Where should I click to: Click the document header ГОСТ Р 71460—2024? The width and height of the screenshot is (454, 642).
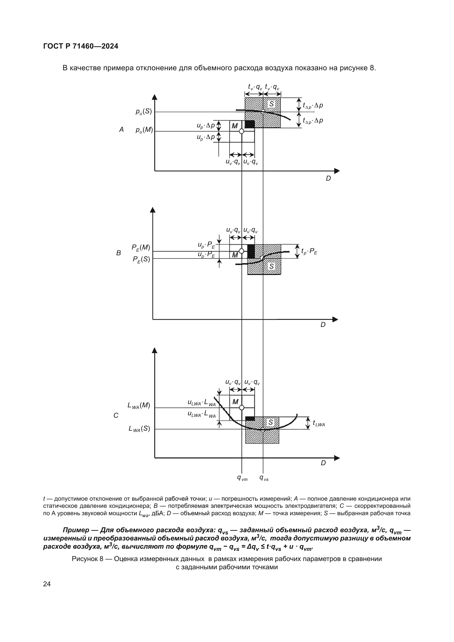pyautogui.click(x=81, y=46)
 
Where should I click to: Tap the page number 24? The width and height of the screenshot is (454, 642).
pyautogui.click(x=47, y=584)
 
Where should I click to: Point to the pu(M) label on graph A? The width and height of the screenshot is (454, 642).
pyautogui.click(x=144, y=130)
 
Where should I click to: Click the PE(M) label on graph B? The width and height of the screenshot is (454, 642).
pyautogui.click(x=141, y=248)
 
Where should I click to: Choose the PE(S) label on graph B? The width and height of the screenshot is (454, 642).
pyautogui.click(x=141, y=259)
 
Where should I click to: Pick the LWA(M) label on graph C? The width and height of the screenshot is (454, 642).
pyautogui.click(x=139, y=405)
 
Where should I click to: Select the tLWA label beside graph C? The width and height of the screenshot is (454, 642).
pyautogui.click(x=319, y=423)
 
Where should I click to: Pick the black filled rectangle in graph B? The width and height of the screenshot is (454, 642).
pyautogui.click(x=251, y=251)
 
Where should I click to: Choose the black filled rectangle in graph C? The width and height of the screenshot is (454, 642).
pyautogui.click(x=250, y=418)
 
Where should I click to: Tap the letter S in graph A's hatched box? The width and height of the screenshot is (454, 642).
pyautogui.click(x=271, y=104)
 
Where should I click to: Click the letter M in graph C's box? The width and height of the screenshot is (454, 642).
pyautogui.click(x=236, y=402)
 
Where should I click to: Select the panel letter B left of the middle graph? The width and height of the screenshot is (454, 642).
pyautogui.click(x=119, y=253)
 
